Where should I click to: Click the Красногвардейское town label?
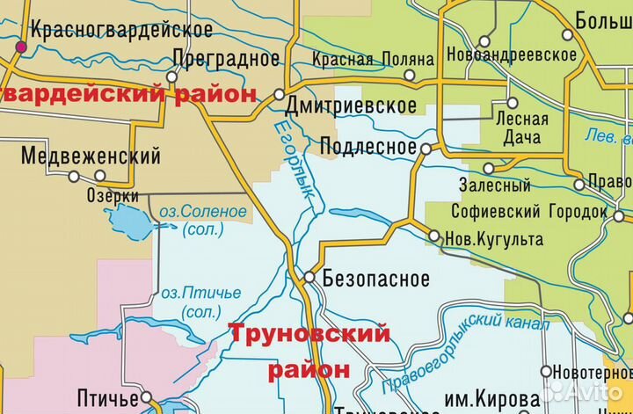pyautogui.click(x=121, y=30)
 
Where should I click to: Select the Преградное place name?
pyautogui.click(x=227, y=58)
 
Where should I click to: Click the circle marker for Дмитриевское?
pyautogui.click(x=279, y=93)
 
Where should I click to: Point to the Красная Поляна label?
pyautogui.click(x=374, y=59)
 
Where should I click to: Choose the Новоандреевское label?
pyautogui.click(x=512, y=54)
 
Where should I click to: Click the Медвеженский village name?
pyautogui.click(x=91, y=156)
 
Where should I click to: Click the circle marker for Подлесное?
pyautogui.click(x=426, y=149)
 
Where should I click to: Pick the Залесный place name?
pyautogui.click(x=495, y=185)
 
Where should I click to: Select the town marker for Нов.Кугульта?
pyautogui.click(x=433, y=235)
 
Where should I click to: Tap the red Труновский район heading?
pyautogui.click(x=309, y=351)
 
